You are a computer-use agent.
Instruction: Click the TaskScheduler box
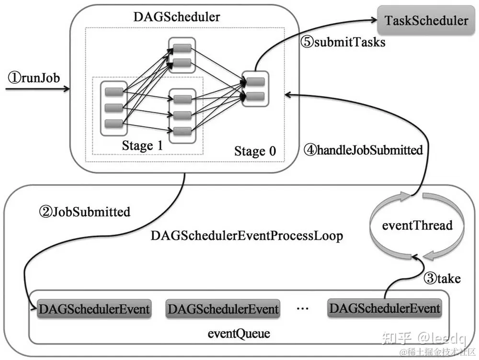click(x=426, y=21)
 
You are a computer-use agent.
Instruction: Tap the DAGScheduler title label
click(x=177, y=18)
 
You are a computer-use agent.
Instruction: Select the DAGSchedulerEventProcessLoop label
click(x=247, y=236)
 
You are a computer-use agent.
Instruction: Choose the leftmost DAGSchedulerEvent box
click(x=94, y=309)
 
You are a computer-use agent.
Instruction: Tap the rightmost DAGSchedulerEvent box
click(x=384, y=307)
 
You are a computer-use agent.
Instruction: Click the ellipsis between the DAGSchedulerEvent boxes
click(x=303, y=309)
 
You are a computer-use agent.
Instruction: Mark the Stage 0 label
click(x=255, y=151)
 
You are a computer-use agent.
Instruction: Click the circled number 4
click(x=310, y=150)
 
